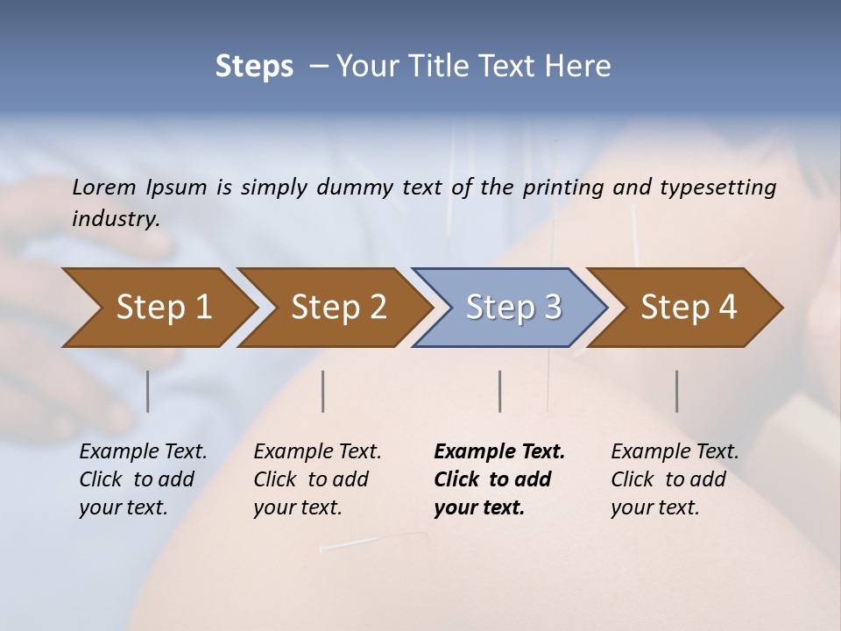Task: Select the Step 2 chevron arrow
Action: pos(338,308)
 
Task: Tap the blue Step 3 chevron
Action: pos(513,308)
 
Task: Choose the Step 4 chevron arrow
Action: pos(689,308)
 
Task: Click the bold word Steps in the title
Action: pos(254,67)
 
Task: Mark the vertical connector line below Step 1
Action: pos(148,391)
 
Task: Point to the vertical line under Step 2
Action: pos(323,391)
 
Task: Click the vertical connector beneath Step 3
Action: pos(500,391)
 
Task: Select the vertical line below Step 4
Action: pos(676,391)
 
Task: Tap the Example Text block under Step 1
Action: pos(143,479)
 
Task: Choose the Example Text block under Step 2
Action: pos(317,479)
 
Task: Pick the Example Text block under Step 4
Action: pos(675,479)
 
